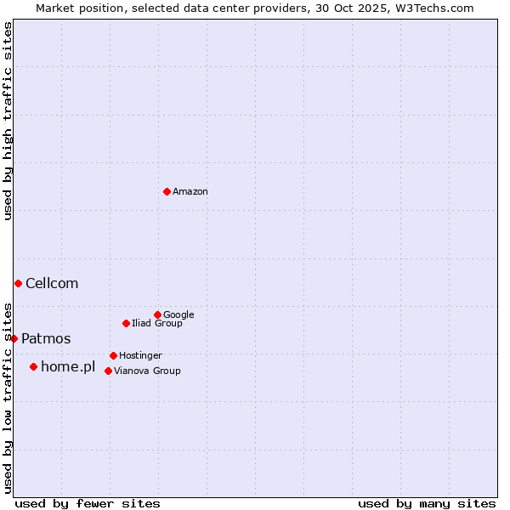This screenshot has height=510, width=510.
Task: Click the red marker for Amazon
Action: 167,191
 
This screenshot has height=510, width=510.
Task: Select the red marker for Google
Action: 157,314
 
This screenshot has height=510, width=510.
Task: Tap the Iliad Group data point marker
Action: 126,323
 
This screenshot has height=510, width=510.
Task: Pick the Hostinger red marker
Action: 113,355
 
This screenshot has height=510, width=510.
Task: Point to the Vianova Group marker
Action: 108,371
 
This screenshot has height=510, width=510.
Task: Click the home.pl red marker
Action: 33,366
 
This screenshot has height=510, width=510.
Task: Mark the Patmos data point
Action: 14,338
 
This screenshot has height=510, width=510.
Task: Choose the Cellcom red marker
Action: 18,283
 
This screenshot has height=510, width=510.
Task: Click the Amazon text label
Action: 190,192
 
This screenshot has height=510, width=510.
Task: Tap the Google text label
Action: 178,314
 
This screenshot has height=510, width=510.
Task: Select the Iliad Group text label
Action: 157,323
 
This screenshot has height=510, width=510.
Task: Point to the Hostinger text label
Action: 140,355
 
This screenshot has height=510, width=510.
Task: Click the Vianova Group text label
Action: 147,371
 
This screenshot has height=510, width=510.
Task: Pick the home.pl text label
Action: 68,367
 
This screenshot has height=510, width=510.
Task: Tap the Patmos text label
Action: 46,339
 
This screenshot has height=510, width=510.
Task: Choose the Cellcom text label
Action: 52,284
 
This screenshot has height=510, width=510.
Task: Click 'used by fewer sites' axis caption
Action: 88,503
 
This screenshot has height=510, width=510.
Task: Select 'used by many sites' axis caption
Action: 427,503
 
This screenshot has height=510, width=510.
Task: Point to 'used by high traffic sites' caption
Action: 8,121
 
